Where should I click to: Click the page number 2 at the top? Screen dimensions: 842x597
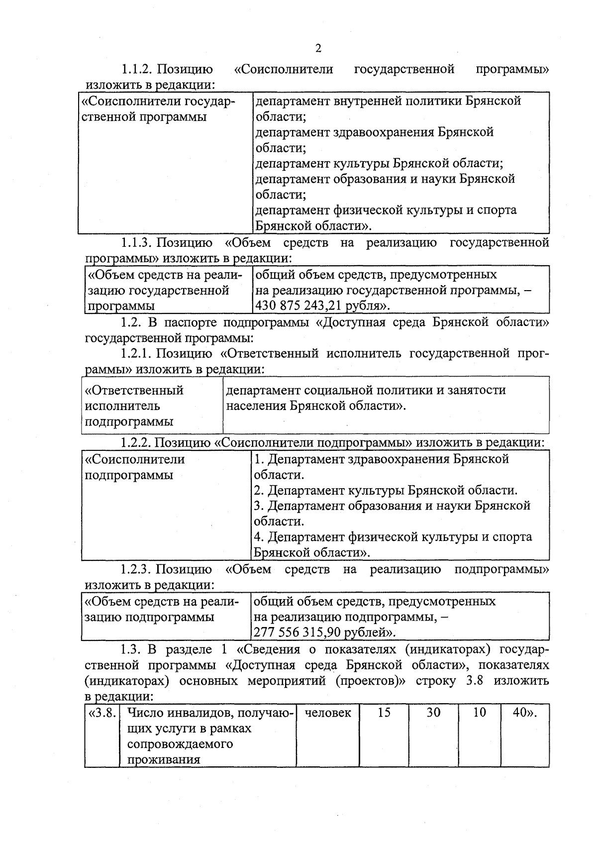coord(318,48)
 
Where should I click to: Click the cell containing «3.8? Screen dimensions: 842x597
coord(102,713)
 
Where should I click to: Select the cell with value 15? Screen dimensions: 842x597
coord(384,713)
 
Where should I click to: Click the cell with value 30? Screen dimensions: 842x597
coord(433,713)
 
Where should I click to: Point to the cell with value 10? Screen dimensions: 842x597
coord(479,713)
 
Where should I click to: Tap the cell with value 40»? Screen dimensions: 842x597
coord(524,713)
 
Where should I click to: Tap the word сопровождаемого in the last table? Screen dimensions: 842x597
coord(180,744)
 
